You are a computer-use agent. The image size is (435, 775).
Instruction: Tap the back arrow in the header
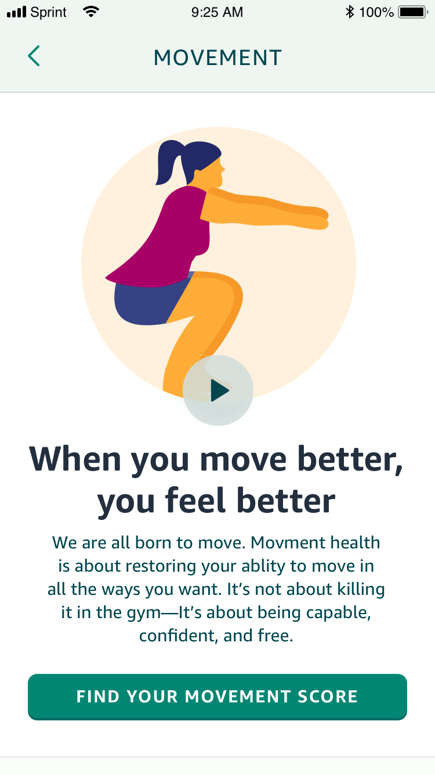point(34,56)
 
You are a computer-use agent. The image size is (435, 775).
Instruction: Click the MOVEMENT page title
point(217,58)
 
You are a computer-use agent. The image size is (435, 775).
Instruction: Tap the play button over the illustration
point(218,390)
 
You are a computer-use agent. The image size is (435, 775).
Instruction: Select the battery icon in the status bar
point(413,12)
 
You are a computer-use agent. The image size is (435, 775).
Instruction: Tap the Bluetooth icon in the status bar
point(350,12)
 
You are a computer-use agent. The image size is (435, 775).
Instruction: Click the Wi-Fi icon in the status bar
point(91,12)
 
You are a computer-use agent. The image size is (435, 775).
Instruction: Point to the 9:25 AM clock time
point(217,12)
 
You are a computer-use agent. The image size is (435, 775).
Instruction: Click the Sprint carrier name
point(48,12)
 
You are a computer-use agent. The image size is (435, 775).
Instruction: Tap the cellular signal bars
point(17,12)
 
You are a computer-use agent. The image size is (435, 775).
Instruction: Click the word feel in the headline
point(195,500)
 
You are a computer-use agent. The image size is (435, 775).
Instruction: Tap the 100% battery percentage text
point(376,12)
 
